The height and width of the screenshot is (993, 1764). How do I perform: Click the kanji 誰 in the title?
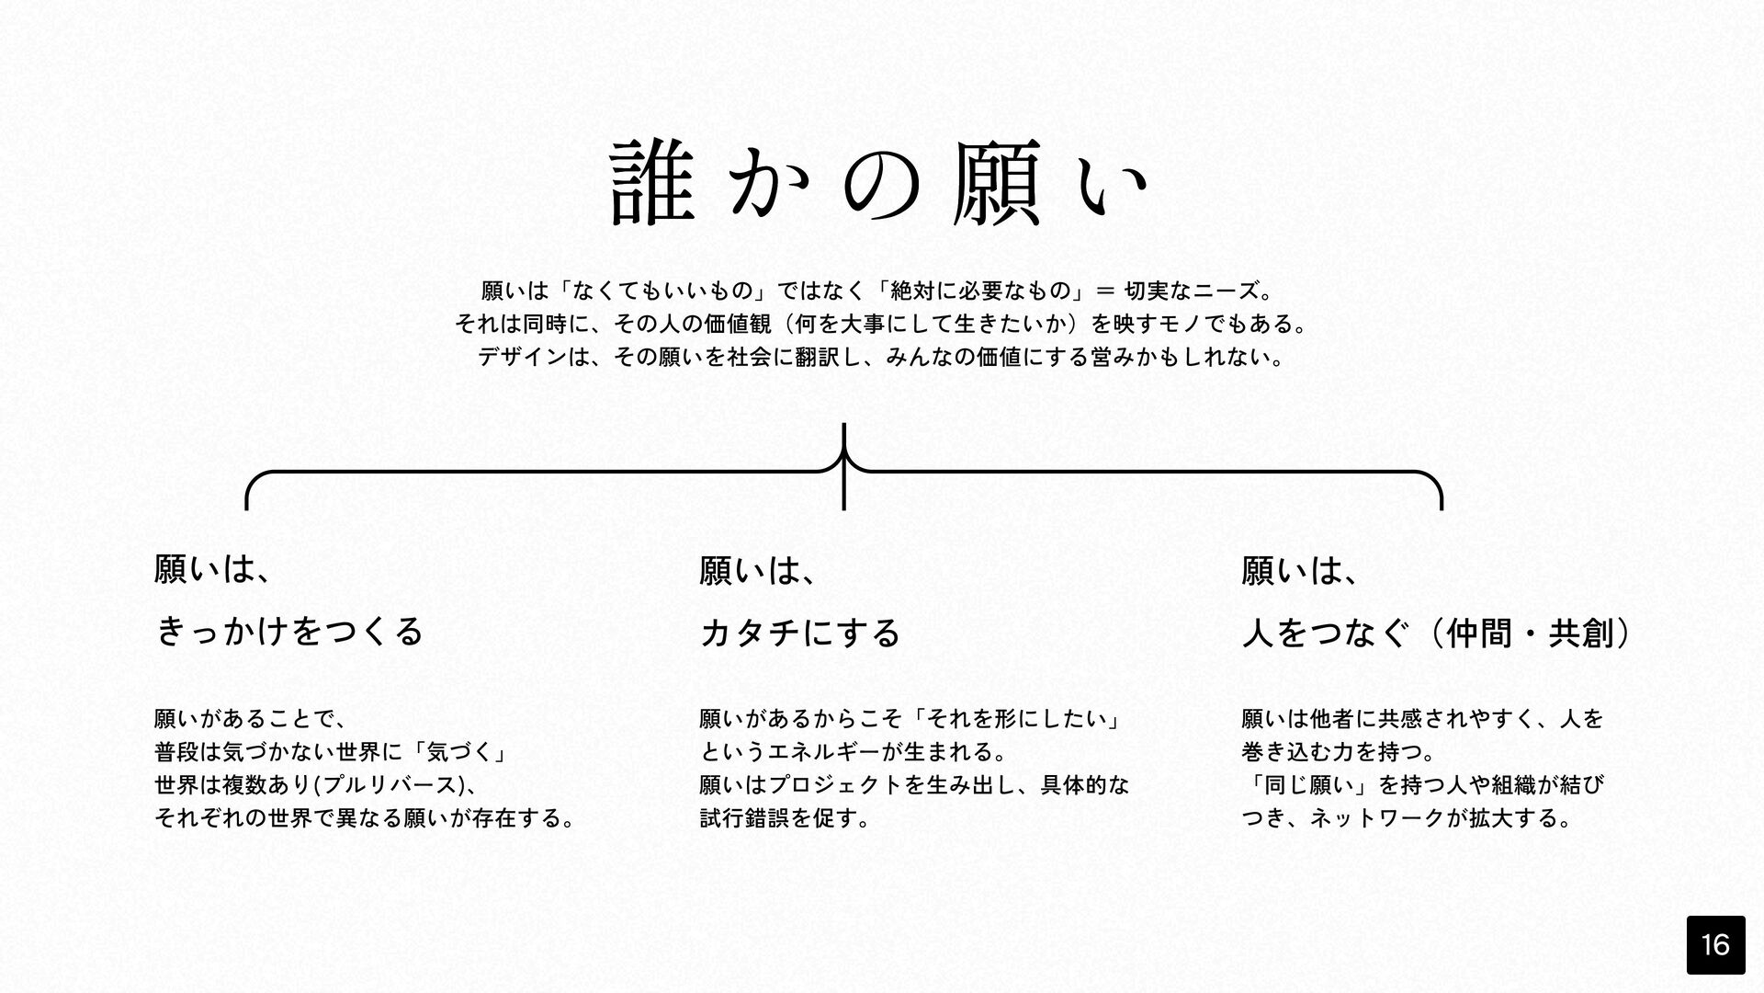tap(650, 183)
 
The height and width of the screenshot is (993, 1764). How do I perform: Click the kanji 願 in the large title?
tap(996, 183)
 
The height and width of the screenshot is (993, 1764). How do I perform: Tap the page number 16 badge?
tap(1715, 944)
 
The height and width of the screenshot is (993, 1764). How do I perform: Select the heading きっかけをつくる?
tap(289, 632)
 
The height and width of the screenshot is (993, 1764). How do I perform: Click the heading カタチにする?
tap(800, 633)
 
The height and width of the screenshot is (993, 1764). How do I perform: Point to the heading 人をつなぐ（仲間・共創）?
tap(1436, 633)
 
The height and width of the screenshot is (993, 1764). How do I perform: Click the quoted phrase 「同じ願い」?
tap(1306, 784)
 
